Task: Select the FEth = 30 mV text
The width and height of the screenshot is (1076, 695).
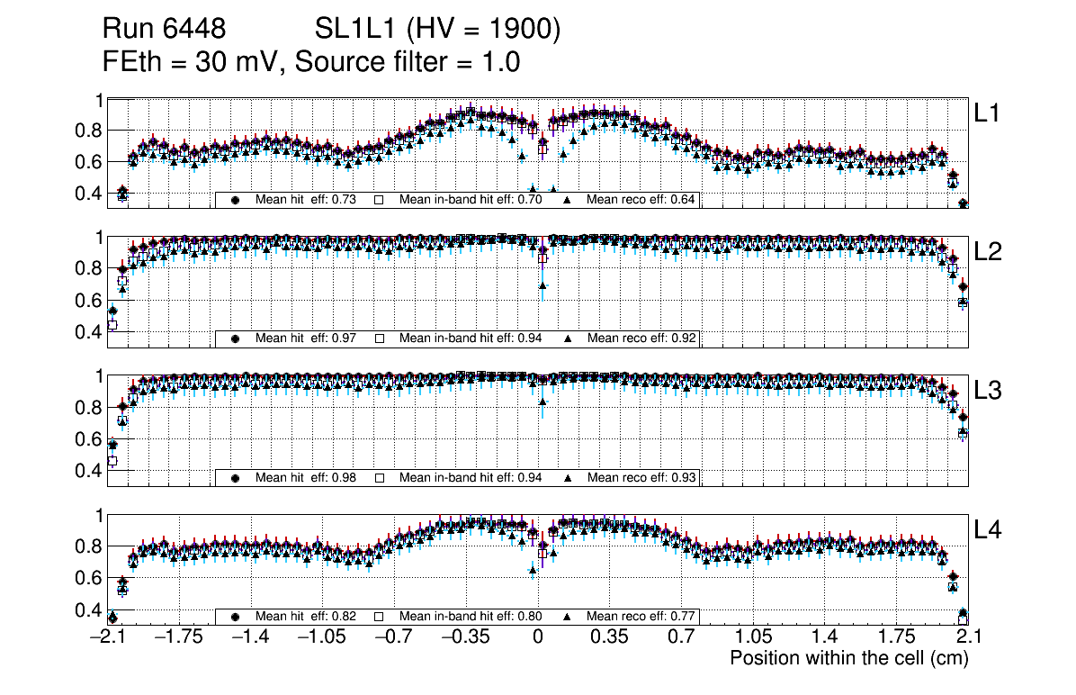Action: click(192, 63)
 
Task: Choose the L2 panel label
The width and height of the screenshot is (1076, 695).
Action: click(988, 252)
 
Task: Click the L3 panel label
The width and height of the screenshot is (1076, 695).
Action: click(988, 391)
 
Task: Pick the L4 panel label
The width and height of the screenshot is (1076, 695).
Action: click(988, 530)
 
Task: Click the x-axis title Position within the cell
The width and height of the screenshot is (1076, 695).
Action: click(848, 658)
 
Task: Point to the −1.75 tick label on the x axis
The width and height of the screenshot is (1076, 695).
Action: click(178, 637)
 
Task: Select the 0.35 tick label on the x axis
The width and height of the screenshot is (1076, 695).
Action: click(609, 637)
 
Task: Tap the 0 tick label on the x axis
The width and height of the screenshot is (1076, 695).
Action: click(538, 637)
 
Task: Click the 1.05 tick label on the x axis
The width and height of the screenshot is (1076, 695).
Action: click(753, 637)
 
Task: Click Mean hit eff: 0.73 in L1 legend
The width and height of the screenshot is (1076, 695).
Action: click(306, 199)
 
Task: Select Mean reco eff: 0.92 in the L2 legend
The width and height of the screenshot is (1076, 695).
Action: click(641, 338)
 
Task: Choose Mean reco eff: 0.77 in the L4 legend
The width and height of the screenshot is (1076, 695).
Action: click(641, 617)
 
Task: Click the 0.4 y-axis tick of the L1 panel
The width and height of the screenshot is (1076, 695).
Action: click(88, 194)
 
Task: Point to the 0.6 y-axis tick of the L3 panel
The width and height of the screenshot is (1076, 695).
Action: click(88, 439)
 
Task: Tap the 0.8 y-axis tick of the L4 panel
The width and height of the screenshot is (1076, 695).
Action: click(88, 546)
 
